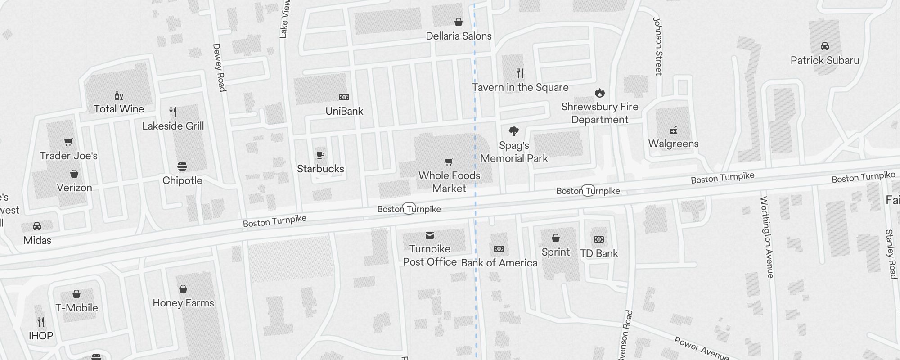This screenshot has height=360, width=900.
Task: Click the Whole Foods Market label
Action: [449, 182]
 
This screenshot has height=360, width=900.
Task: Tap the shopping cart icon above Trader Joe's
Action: [68, 142]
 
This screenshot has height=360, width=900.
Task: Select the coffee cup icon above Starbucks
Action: [320, 155]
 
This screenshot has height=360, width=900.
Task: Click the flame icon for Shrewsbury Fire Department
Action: [599, 93]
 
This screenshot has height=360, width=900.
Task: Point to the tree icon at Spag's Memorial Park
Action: [513, 131]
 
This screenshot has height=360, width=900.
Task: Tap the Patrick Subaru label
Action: [824, 60]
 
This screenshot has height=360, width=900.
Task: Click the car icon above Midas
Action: [37, 226]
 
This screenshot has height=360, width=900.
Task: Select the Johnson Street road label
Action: [658, 46]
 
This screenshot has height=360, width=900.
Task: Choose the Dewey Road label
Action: [219, 67]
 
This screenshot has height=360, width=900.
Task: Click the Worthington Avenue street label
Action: [767, 237]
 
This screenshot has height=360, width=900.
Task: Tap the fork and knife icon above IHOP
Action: [41, 322]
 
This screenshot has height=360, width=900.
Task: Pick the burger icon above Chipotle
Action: [182, 167]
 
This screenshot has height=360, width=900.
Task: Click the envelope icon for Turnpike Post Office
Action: [430, 235]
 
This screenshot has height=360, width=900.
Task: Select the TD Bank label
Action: [599, 253]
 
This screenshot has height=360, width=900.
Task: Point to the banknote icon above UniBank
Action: [344, 97]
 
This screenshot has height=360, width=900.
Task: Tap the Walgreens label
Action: [673, 144]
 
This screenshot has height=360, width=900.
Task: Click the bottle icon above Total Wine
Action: [119, 96]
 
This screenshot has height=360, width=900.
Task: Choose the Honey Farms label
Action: [183, 303]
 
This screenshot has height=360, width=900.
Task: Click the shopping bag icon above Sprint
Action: [556, 238]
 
